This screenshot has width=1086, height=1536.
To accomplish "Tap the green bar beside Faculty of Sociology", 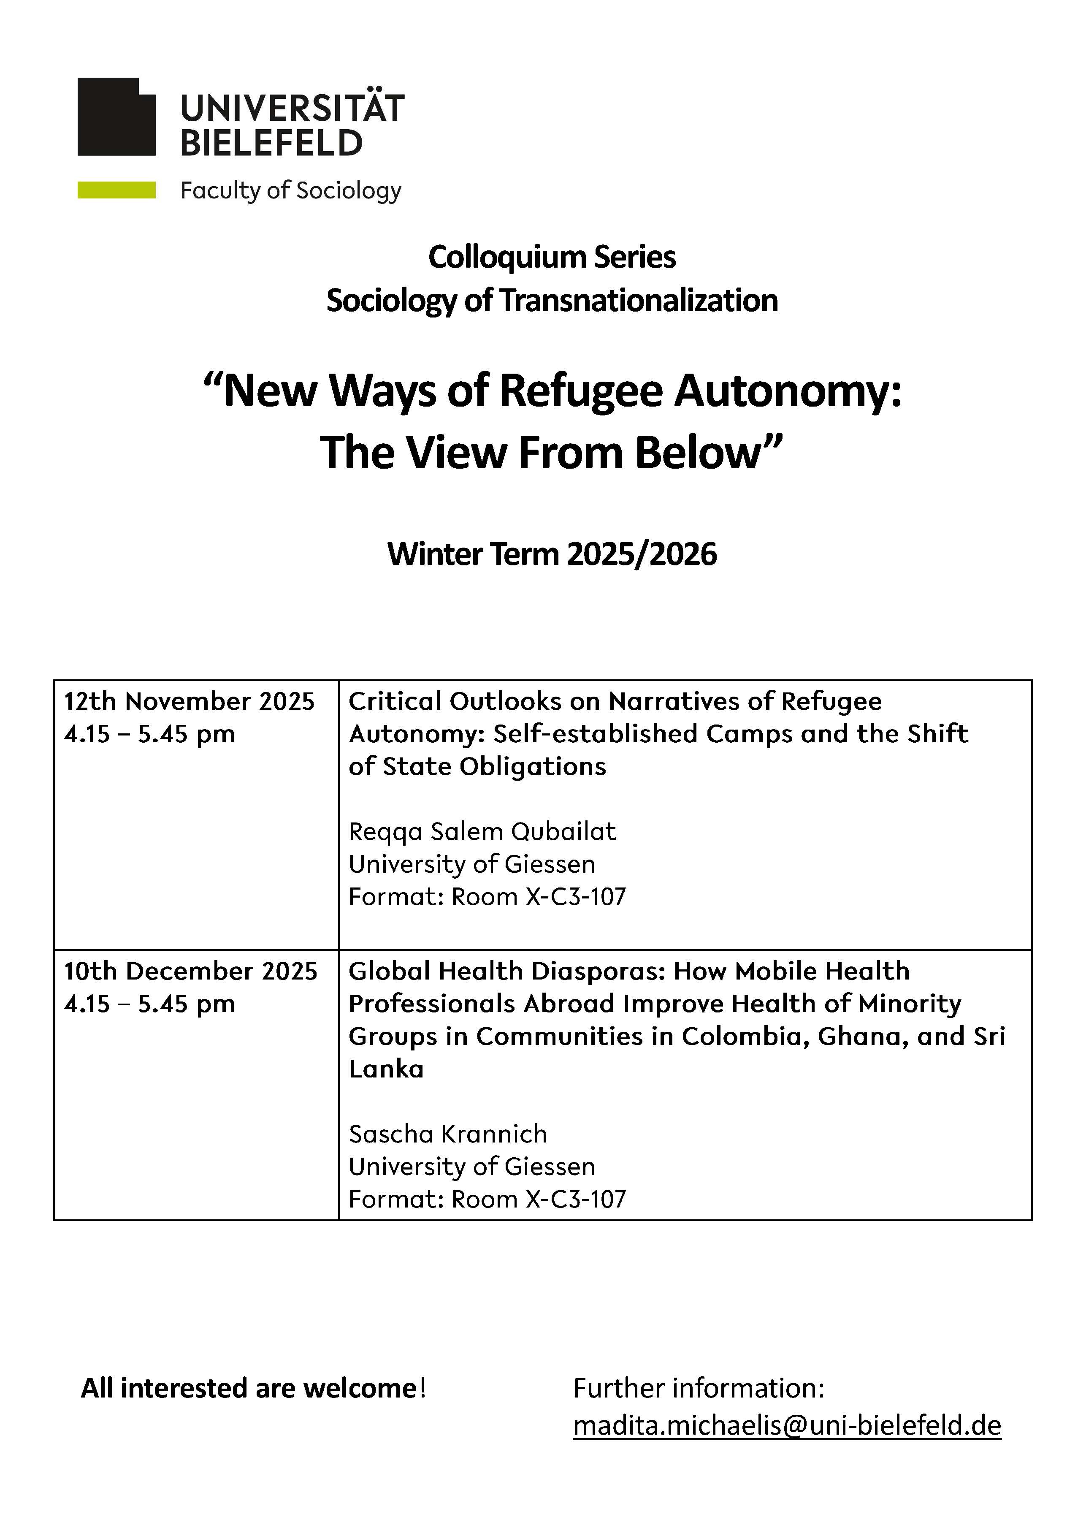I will (116, 190).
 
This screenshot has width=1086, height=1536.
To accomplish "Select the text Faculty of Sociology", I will (290, 191).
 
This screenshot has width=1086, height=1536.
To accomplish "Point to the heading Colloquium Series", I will (552, 257).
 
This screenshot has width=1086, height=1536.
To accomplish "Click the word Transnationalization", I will (639, 300).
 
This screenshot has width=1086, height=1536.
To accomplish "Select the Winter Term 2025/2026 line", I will (552, 554).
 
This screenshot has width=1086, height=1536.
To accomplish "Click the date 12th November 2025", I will (189, 701).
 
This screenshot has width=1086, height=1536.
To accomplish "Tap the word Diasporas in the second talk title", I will (597, 971).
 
